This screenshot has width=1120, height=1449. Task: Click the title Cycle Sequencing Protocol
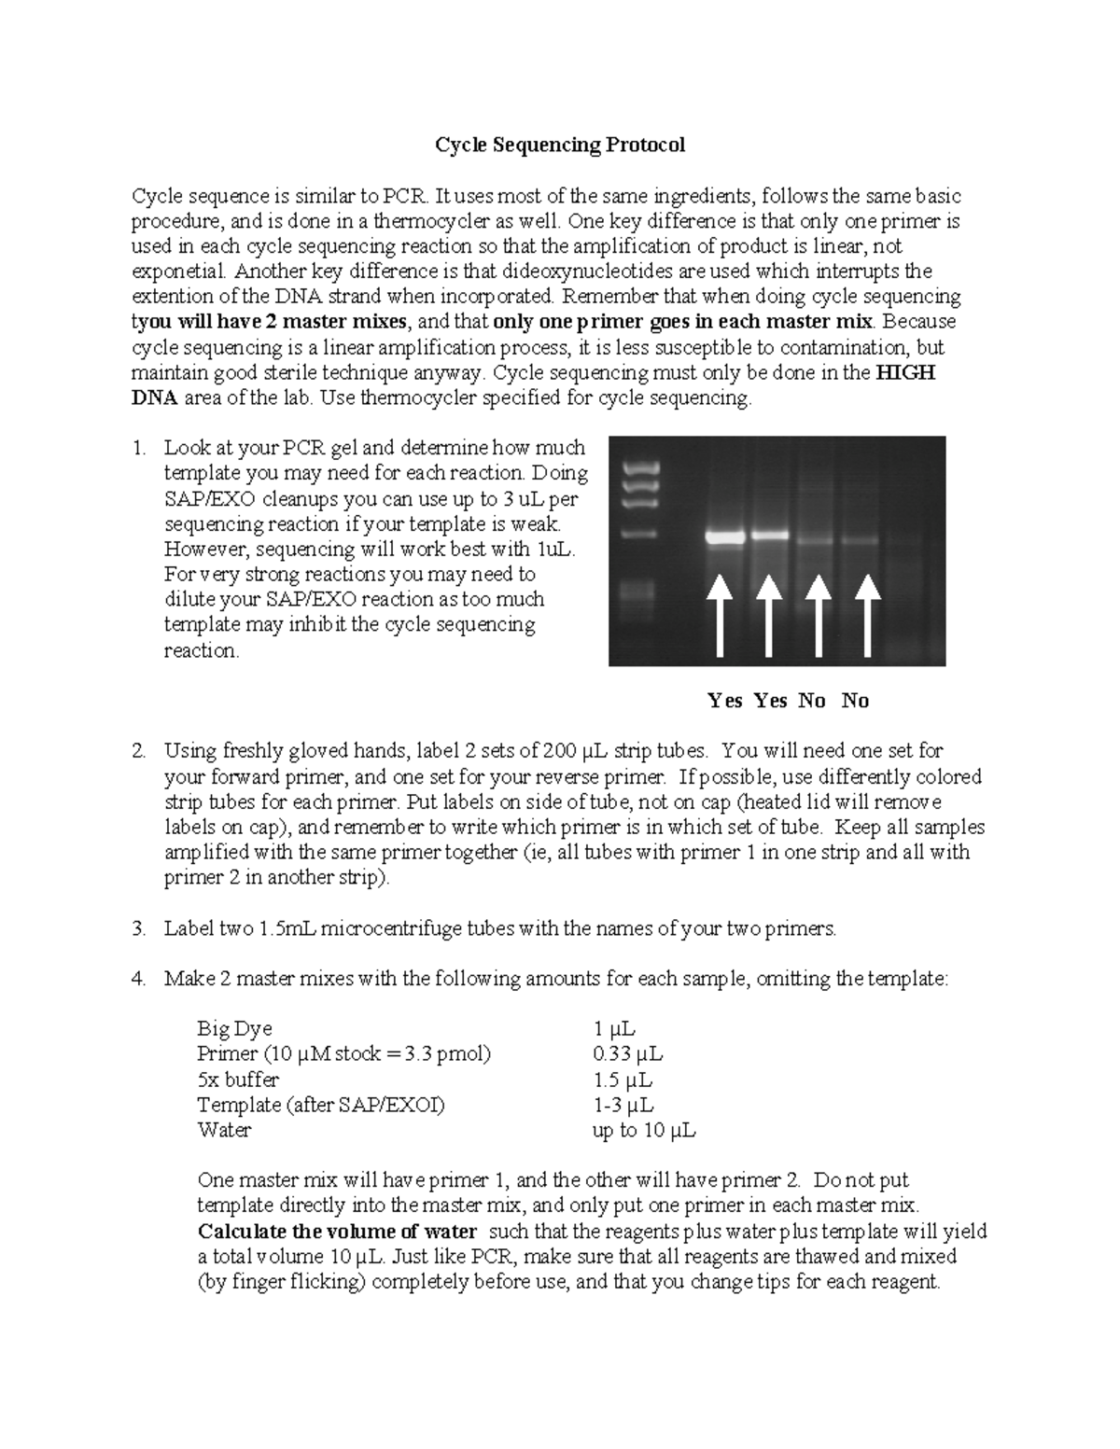click(560, 145)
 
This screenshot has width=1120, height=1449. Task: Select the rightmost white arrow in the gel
click(868, 615)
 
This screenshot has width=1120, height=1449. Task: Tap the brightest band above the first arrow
click(724, 537)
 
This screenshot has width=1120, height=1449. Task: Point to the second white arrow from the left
click(768, 615)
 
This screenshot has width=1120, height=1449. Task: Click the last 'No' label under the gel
click(855, 701)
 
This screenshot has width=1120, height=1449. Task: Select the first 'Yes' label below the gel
click(725, 701)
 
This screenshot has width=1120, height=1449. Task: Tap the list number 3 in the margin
click(138, 928)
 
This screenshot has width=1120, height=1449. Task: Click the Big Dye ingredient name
click(234, 1028)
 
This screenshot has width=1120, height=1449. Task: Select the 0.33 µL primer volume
click(627, 1053)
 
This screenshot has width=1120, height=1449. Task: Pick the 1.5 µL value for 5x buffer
click(622, 1080)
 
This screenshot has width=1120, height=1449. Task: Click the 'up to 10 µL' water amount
click(644, 1130)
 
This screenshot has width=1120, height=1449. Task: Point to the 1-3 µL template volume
click(623, 1105)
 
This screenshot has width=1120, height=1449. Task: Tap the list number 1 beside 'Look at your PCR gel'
click(138, 448)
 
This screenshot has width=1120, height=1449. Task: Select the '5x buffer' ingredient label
click(238, 1080)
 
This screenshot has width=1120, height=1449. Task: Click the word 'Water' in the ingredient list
click(224, 1130)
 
